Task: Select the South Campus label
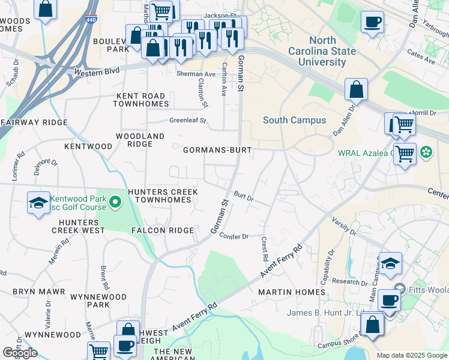(294, 120)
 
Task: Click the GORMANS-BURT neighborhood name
(217, 149)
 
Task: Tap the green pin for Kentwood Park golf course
(114, 203)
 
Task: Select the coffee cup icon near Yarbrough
(372, 22)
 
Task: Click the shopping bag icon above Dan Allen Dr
(356, 89)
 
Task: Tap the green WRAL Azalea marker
(426, 152)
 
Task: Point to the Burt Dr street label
(244, 196)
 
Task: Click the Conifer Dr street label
(234, 236)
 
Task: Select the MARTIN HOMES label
(292, 292)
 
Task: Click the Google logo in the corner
(20, 353)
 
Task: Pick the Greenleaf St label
(187, 121)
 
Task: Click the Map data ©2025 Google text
(412, 355)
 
